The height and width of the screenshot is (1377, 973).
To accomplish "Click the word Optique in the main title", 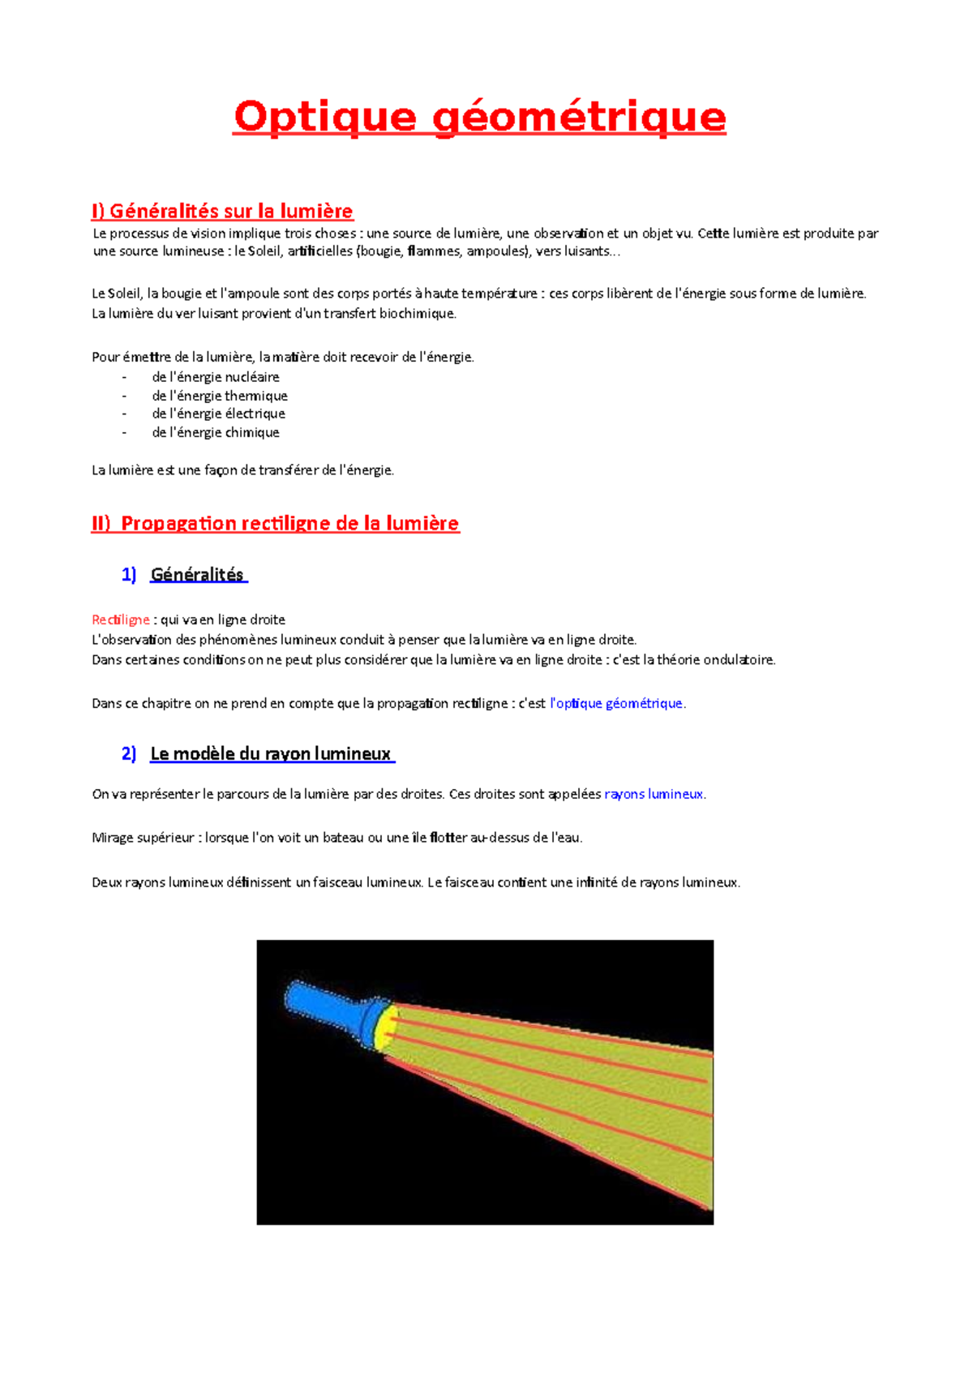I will (x=324, y=117).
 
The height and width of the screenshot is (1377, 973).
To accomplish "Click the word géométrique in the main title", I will (x=579, y=117).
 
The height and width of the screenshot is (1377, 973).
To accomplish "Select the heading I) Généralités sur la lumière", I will (x=222, y=212).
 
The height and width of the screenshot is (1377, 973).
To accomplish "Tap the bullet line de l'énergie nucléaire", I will (x=216, y=377).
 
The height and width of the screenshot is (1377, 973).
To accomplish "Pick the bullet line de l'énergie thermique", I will (x=220, y=396).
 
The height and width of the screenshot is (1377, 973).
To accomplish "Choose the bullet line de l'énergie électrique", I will (x=218, y=414).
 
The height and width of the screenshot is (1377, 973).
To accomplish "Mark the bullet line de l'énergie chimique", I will (x=216, y=433).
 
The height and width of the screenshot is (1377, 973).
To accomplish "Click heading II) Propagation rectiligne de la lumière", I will (x=276, y=524).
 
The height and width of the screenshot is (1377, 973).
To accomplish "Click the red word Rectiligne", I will (x=121, y=620).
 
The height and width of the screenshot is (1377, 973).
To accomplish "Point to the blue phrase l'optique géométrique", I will (x=616, y=704).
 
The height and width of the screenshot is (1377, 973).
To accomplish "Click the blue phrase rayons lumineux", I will (x=654, y=795).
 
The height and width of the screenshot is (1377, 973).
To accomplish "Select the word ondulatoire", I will (x=739, y=660).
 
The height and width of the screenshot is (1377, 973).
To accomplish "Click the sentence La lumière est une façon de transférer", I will (x=243, y=470).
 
